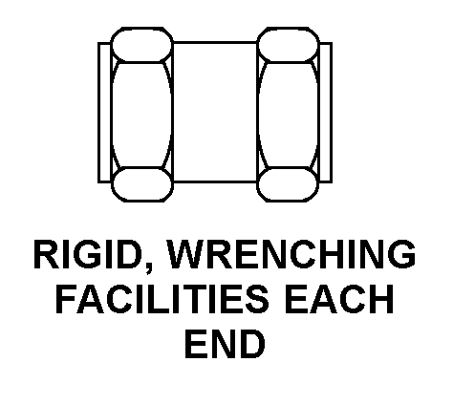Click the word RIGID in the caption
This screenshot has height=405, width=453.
pos(88,254)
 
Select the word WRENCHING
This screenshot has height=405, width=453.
pos(291,254)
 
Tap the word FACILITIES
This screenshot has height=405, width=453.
pos(162,299)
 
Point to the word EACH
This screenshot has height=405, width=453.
pos(339,299)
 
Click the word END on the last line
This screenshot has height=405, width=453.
pos(225,344)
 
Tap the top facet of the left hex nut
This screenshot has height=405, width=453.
pos(141,45)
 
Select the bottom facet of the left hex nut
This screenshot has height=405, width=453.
pos(141,184)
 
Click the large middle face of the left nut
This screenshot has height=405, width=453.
pos(141,115)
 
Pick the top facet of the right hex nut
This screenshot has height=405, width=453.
pos(289,45)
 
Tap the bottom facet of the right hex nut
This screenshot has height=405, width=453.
pos(289,184)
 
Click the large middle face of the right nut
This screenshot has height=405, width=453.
pos(289,115)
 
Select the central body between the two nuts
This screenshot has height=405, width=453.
pos(215,112)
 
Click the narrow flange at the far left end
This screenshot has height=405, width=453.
pos(104,113)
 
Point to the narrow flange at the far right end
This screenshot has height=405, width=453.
pos(326,113)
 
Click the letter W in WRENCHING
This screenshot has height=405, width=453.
pos(185,254)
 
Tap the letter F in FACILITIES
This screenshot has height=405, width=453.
pos(67,299)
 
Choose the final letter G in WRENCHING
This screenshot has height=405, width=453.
pos(402,254)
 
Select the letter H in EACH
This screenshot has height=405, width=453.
pos(382,299)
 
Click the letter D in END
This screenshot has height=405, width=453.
pos(252,344)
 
